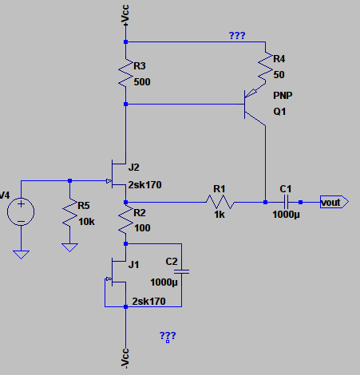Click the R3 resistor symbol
click(x=125, y=73)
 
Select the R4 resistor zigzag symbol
click(x=265, y=69)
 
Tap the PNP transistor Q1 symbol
click(x=255, y=105)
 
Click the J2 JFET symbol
click(x=118, y=174)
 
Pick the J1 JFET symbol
click(x=118, y=272)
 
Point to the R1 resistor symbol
click(x=220, y=202)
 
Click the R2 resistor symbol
click(x=125, y=219)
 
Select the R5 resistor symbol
click(x=69, y=212)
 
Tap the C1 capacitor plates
click(x=286, y=202)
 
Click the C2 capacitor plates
click(x=182, y=271)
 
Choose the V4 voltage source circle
click(x=21, y=211)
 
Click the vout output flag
click(x=334, y=202)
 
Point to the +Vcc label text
click(x=125, y=16)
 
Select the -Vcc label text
click(x=125, y=358)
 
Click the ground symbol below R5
click(x=69, y=247)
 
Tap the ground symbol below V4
click(x=21, y=255)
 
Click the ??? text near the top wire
click(x=237, y=35)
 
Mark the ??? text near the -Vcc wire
click(x=168, y=336)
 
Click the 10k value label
click(x=86, y=222)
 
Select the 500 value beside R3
click(x=142, y=82)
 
